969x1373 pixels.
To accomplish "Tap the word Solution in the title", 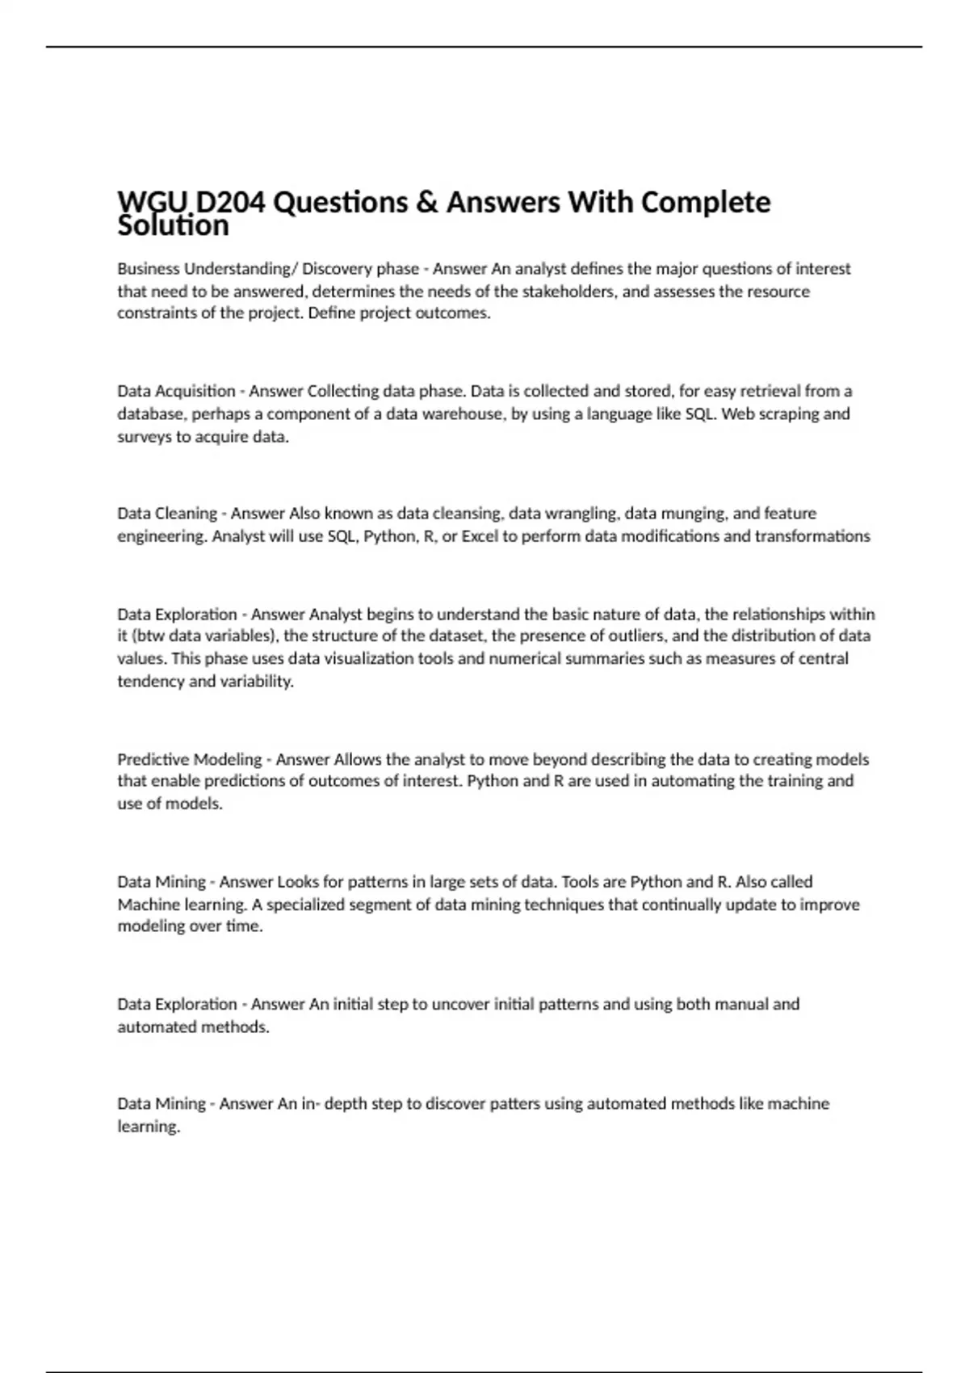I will pyautogui.click(x=173, y=225).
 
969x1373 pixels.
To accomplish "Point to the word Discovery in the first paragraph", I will pyautogui.click(x=338, y=269).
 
